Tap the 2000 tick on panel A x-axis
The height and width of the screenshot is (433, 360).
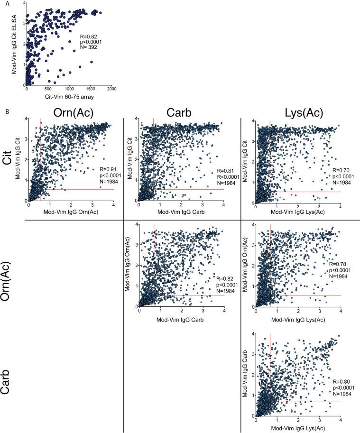tap(111, 89)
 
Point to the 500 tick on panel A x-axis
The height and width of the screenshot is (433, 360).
tap(48, 89)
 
